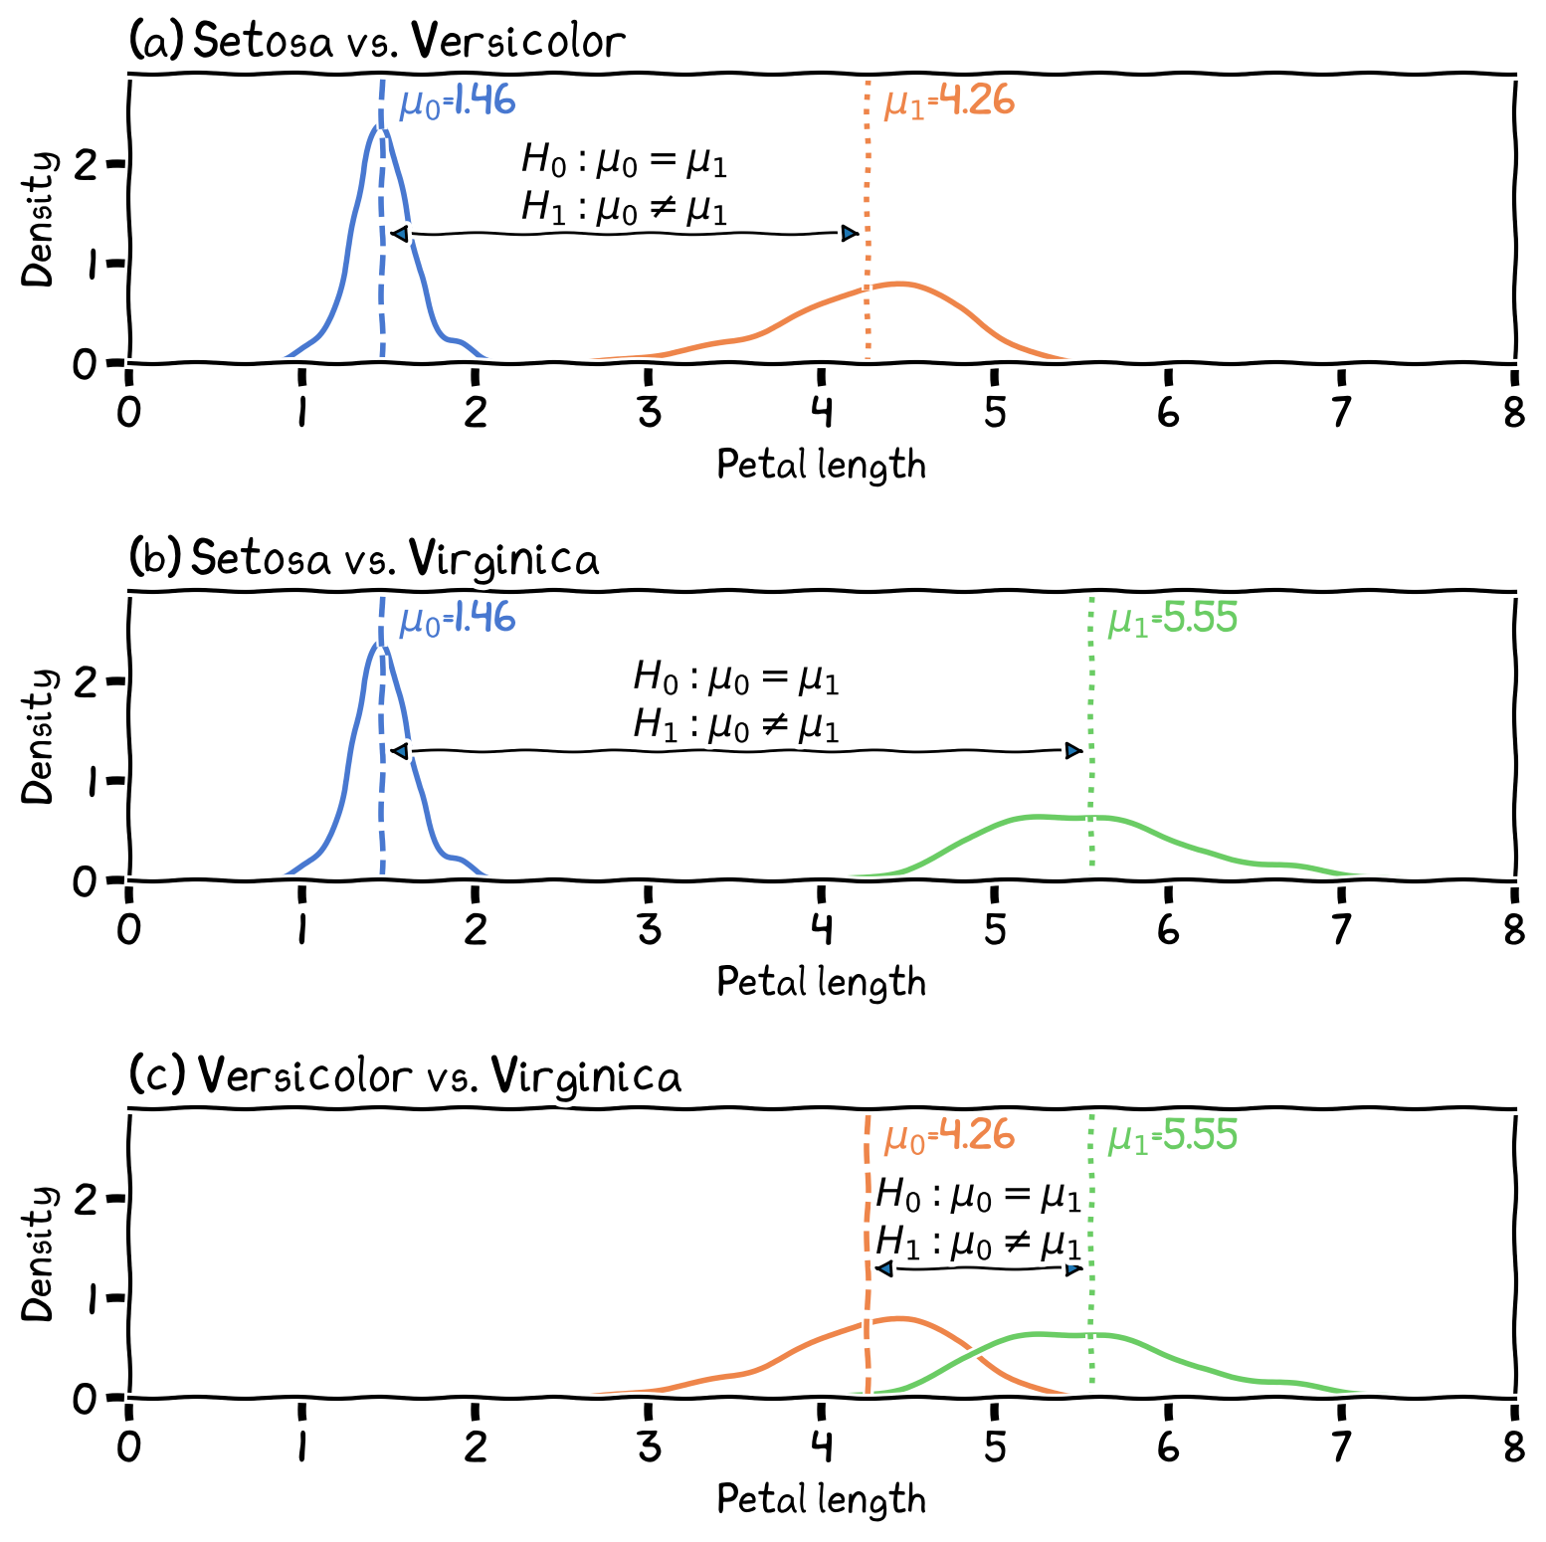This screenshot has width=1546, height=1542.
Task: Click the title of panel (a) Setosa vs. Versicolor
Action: [x=378, y=42]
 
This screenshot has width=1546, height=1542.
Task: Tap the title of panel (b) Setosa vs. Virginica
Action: [x=365, y=559]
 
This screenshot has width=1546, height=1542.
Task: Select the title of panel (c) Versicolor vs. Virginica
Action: [x=406, y=1076]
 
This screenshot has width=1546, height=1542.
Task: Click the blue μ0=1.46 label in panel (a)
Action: [x=457, y=102]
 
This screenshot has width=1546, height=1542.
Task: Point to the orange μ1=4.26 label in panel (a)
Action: [x=949, y=102]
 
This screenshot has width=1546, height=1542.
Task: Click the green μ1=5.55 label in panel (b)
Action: [x=1172, y=620]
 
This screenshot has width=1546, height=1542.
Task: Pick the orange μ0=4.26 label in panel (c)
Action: [x=949, y=1136]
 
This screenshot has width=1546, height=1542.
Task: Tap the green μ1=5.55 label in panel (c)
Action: [x=1172, y=1136]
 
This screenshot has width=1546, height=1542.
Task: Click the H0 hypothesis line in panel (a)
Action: [x=624, y=160]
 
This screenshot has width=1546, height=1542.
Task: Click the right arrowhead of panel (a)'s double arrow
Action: [x=850, y=234]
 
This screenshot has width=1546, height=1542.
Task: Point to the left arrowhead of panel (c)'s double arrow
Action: [x=883, y=1268]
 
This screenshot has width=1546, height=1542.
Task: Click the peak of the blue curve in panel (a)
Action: [x=379, y=126]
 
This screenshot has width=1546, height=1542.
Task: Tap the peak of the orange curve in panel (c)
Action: [x=898, y=1318]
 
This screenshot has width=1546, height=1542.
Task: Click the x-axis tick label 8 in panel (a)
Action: [x=1514, y=412]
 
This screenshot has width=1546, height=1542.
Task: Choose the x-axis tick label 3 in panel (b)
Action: [x=649, y=929]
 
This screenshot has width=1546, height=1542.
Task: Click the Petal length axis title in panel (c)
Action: [x=821, y=1499]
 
